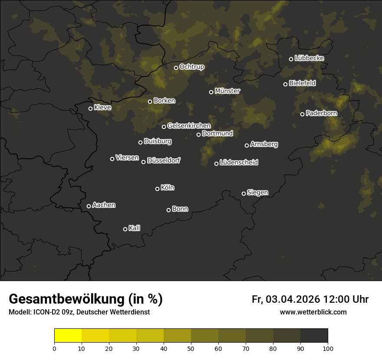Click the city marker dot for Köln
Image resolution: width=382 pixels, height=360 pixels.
157,189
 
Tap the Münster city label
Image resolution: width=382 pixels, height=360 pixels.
227,91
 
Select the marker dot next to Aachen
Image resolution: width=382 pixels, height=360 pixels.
89,206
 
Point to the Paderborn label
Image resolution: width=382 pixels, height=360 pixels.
321,113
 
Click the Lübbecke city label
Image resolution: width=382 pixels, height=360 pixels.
309,58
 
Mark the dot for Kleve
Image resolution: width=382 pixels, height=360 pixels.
90,108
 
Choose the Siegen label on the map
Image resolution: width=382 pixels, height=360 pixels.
257,193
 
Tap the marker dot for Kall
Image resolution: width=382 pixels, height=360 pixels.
125,229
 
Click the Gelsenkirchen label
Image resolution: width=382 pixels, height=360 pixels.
189,126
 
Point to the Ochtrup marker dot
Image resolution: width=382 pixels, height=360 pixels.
176,68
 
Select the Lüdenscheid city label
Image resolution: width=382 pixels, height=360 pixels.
239,163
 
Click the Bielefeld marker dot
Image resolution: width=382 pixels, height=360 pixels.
285,84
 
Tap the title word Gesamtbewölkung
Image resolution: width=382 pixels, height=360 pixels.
66,299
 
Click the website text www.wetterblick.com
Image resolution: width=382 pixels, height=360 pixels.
313,312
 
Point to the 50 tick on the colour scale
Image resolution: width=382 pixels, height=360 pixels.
191,348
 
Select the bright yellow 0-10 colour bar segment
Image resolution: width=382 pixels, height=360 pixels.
68,336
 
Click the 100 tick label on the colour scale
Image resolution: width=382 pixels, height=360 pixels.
328,348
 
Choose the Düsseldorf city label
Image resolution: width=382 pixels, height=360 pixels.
164,160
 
